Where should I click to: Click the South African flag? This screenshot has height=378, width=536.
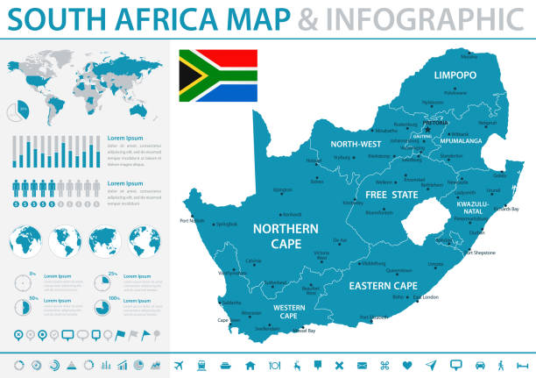218,76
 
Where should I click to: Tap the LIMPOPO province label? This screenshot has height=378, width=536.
455,75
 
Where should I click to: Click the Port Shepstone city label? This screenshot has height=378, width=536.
480,253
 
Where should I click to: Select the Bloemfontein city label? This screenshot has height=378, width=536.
379,212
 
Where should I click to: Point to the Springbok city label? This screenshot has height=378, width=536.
226,224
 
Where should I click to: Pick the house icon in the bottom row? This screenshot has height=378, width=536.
250,364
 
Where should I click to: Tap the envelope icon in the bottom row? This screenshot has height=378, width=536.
362,364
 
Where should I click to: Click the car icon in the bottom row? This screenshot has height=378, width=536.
479,364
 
